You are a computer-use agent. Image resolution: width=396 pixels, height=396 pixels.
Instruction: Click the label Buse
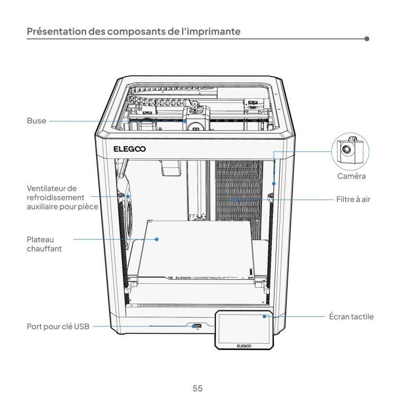click(x=36, y=121)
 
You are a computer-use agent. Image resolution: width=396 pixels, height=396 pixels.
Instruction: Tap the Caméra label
click(x=352, y=176)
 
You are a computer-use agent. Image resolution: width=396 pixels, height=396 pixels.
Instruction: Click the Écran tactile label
click(x=354, y=317)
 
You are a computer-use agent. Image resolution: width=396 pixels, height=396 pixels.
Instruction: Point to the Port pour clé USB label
click(x=58, y=327)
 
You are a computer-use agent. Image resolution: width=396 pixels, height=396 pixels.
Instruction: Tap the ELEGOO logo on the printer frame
click(x=130, y=148)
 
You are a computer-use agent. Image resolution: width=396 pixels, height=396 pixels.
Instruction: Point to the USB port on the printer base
click(x=196, y=325)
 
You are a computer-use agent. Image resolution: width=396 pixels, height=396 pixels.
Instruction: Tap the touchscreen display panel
click(x=243, y=326)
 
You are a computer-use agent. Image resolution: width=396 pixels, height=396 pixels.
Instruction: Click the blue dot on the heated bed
click(x=157, y=239)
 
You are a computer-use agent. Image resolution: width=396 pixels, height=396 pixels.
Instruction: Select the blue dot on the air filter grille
click(x=233, y=200)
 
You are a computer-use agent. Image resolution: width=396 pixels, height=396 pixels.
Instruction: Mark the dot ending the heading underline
click(x=366, y=39)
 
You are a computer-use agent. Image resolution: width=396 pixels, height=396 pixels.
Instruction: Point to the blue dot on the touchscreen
click(x=266, y=317)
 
